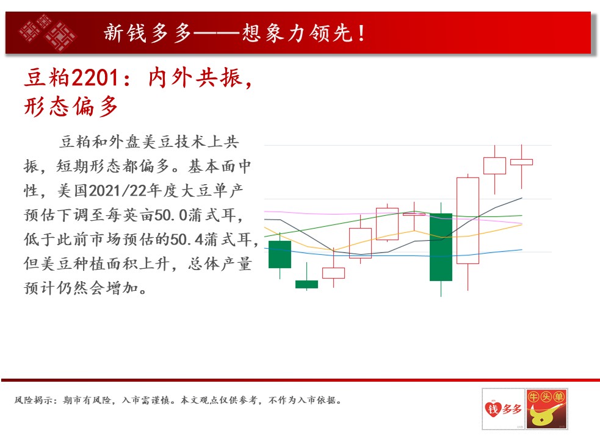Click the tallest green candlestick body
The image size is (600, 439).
(441, 247)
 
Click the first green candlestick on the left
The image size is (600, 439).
(280, 254)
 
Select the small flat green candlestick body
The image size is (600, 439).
(306, 284)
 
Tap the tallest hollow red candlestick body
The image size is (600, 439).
(468, 221)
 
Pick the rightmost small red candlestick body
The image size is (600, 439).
(521, 162)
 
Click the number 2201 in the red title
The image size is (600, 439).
(95, 77)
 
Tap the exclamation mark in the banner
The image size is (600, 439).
(361, 33)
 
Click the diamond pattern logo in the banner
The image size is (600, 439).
(48, 33)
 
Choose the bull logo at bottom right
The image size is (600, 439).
(547, 409)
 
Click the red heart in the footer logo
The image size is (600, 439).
(493, 409)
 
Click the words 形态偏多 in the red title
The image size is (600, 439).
(71, 106)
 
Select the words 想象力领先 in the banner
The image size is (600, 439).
(297, 33)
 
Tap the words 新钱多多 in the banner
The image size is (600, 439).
(148, 33)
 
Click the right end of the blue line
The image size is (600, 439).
(522, 250)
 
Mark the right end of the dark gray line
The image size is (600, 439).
(522, 198)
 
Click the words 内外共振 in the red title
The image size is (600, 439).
(197, 77)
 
